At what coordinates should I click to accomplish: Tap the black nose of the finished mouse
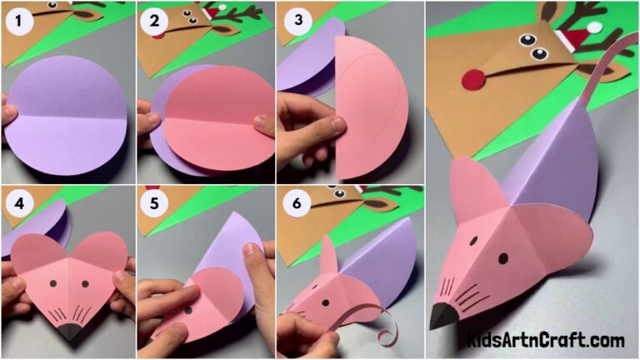(x=442, y=317)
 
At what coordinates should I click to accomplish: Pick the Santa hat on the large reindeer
(x=575, y=37)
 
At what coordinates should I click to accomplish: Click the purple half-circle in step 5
(x=233, y=250)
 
